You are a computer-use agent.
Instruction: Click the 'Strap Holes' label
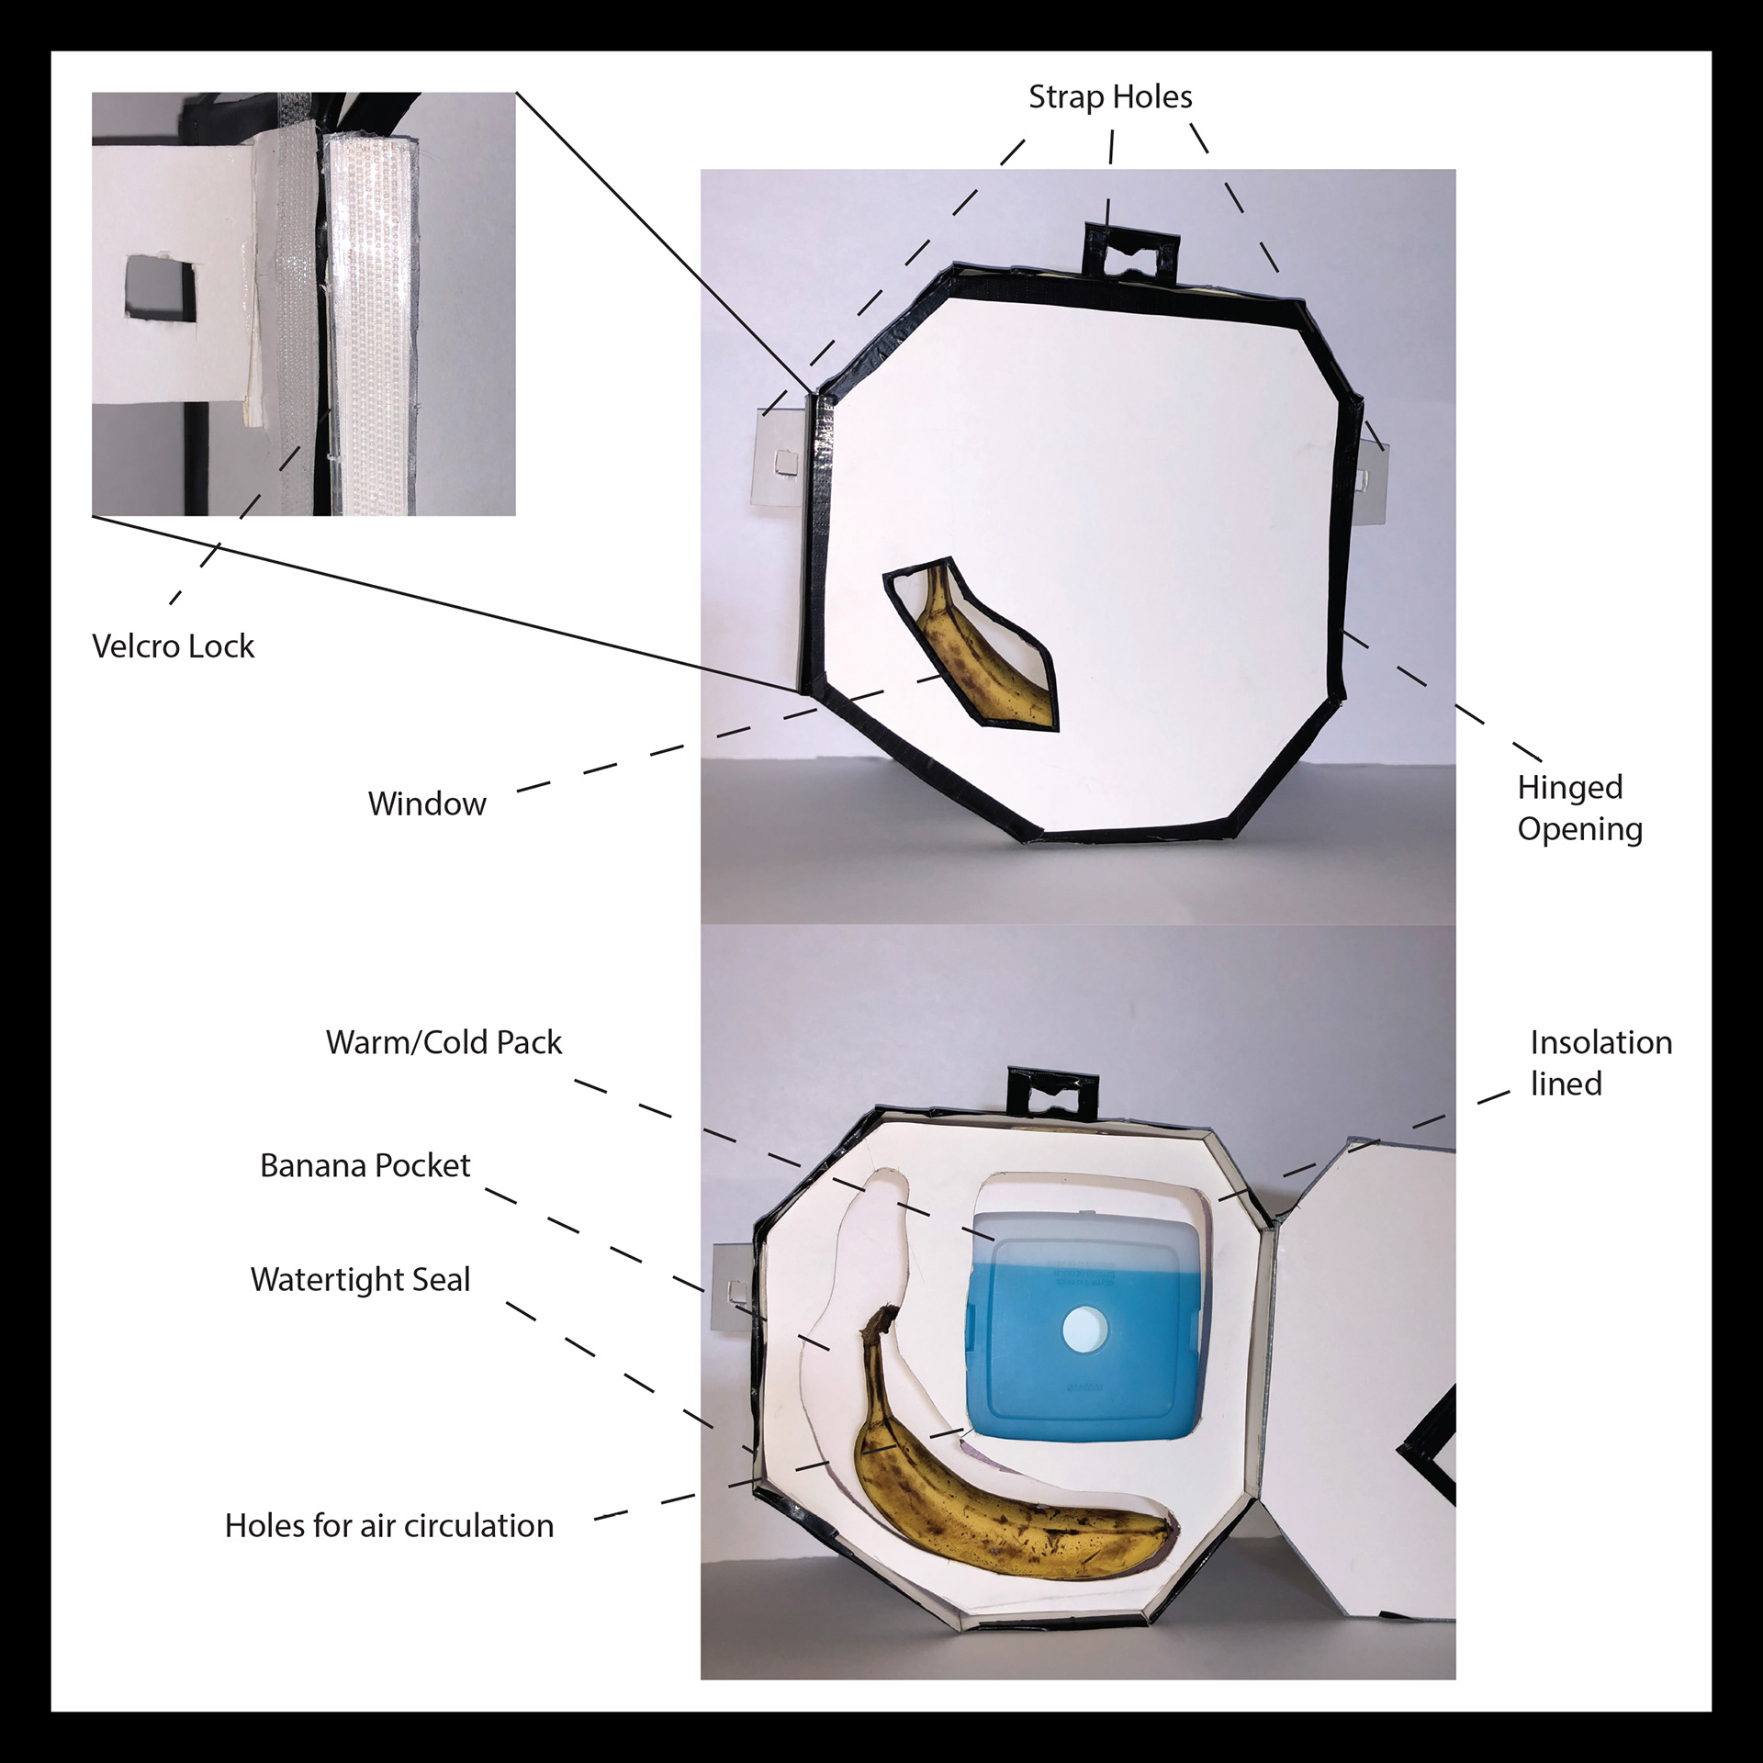point(1109,97)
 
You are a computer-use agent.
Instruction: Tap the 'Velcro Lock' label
point(173,646)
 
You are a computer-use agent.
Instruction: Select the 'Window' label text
point(427,804)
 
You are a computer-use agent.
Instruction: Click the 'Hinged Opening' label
point(1579,808)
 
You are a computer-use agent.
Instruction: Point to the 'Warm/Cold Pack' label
point(444,1043)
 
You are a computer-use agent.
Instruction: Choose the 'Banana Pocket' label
point(365,1166)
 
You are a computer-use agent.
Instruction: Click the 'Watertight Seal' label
point(360,1280)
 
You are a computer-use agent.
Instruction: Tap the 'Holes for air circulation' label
point(389,1526)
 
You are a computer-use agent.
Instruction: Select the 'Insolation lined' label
point(1600,1063)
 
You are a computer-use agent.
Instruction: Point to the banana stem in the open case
point(880,1322)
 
